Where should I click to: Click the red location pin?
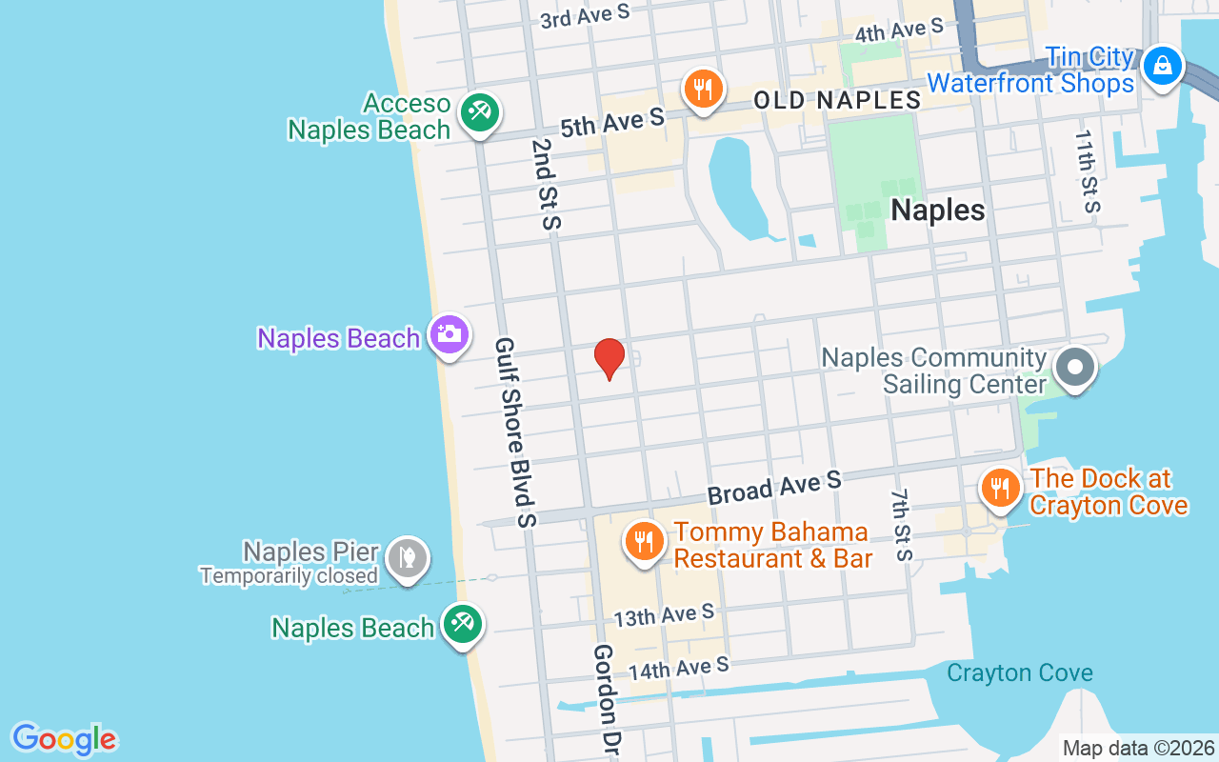point(609,359)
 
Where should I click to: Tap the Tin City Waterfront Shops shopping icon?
point(1162,67)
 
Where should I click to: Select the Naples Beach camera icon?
point(449,334)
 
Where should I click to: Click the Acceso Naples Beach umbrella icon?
point(480,112)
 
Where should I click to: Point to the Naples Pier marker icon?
point(408,557)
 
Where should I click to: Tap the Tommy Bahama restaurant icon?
point(645,541)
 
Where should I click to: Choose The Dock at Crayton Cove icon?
point(999,488)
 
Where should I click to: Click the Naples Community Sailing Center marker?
point(1076,367)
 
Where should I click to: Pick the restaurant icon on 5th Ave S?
point(703,90)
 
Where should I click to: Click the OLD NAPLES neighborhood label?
point(837,100)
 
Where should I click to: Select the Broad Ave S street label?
point(774,487)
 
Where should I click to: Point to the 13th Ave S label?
point(664,615)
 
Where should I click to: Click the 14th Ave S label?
point(678,668)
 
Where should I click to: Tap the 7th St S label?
point(902,525)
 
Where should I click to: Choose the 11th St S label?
point(1087,171)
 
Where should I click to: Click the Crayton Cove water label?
point(1019,673)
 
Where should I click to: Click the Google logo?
point(64,739)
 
